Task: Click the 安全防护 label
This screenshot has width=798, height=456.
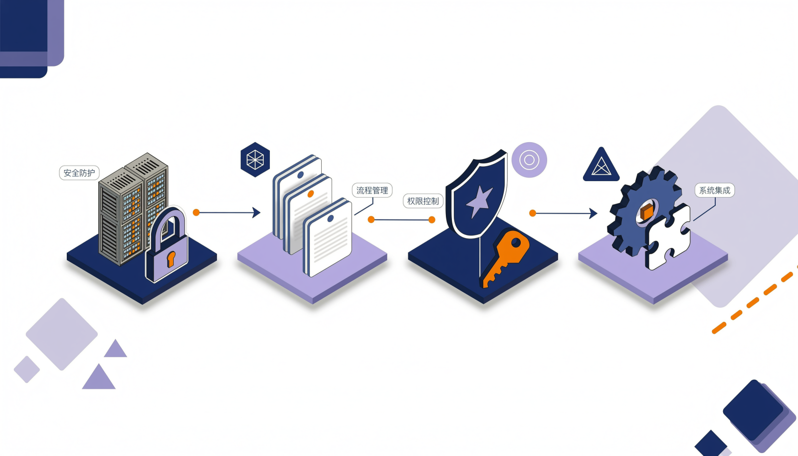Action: coord(79,173)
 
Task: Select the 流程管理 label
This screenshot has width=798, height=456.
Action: coord(372,190)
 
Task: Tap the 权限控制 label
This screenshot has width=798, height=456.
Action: coord(423,201)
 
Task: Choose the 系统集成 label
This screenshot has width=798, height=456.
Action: coord(715,190)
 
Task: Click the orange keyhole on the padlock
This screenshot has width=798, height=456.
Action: coord(171,259)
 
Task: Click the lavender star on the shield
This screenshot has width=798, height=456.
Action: coord(479,201)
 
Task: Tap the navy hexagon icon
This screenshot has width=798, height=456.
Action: coord(255,160)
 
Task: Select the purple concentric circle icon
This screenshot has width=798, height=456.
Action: coord(529,160)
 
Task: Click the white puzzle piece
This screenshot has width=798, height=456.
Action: coord(667,237)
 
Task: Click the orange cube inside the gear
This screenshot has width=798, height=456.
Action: coord(647,213)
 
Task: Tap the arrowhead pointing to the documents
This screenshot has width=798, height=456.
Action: coord(256,213)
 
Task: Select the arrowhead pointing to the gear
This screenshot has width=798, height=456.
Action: coord(593,214)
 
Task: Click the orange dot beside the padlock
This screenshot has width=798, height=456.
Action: coord(196,213)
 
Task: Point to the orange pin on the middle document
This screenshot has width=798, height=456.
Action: coord(310,194)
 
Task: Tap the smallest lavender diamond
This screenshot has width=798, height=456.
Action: coord(27,369)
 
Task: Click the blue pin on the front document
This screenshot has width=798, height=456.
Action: coord(330,219)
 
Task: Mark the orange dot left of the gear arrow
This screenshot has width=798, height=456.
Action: coord(533,213)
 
